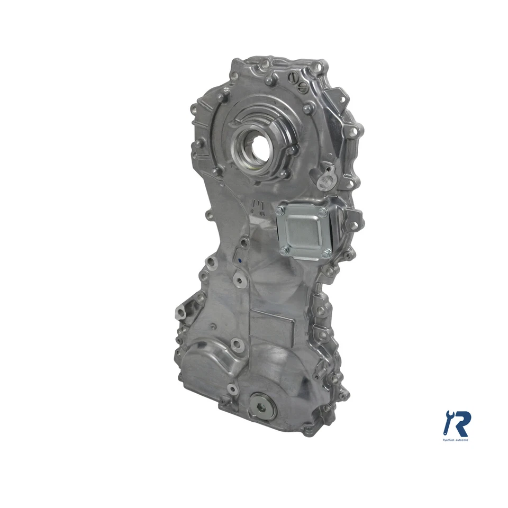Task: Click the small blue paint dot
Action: (x=239, y=260)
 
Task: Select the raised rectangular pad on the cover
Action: (x=271, y=328)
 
